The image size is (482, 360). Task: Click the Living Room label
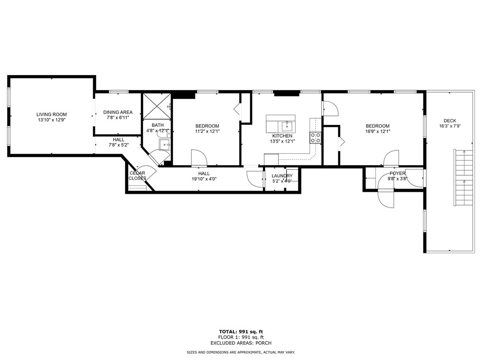pos(51,114)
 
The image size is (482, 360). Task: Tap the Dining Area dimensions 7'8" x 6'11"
pos(118,118)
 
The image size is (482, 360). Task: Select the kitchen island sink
pos(286,126)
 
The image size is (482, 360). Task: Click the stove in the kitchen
pos(315,138)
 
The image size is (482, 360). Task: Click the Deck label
pos(450,121)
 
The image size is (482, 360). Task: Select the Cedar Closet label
pos(137,176)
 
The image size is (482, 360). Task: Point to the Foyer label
pos(397,173)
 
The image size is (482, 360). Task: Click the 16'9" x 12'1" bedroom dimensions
pos(377,132)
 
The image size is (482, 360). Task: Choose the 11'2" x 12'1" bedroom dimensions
pos(207,132)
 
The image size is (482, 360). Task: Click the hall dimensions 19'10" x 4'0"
pos(203,180)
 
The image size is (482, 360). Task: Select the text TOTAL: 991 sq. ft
pos(241,331)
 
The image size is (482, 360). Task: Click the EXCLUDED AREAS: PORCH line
pos(241,342)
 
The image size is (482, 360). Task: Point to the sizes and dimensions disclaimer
pos(241,352)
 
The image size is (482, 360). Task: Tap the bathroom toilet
pos(163,134)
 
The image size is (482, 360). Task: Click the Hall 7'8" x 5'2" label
pos(118,142)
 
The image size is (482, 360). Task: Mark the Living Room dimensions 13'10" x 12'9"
pos(51,120)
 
